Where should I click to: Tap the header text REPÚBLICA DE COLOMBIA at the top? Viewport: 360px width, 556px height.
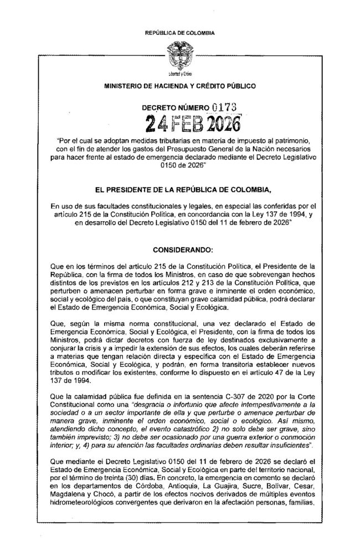(179, 34)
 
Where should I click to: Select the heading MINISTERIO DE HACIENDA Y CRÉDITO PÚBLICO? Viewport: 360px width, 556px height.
(179, 86)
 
